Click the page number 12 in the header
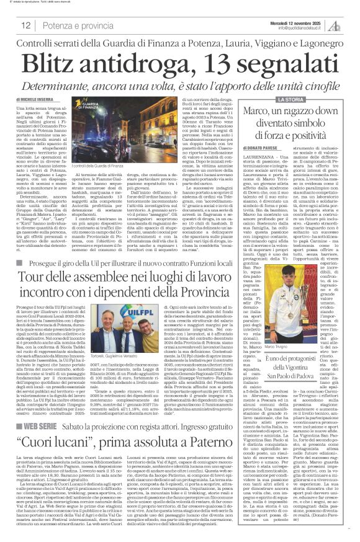[26, 25]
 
